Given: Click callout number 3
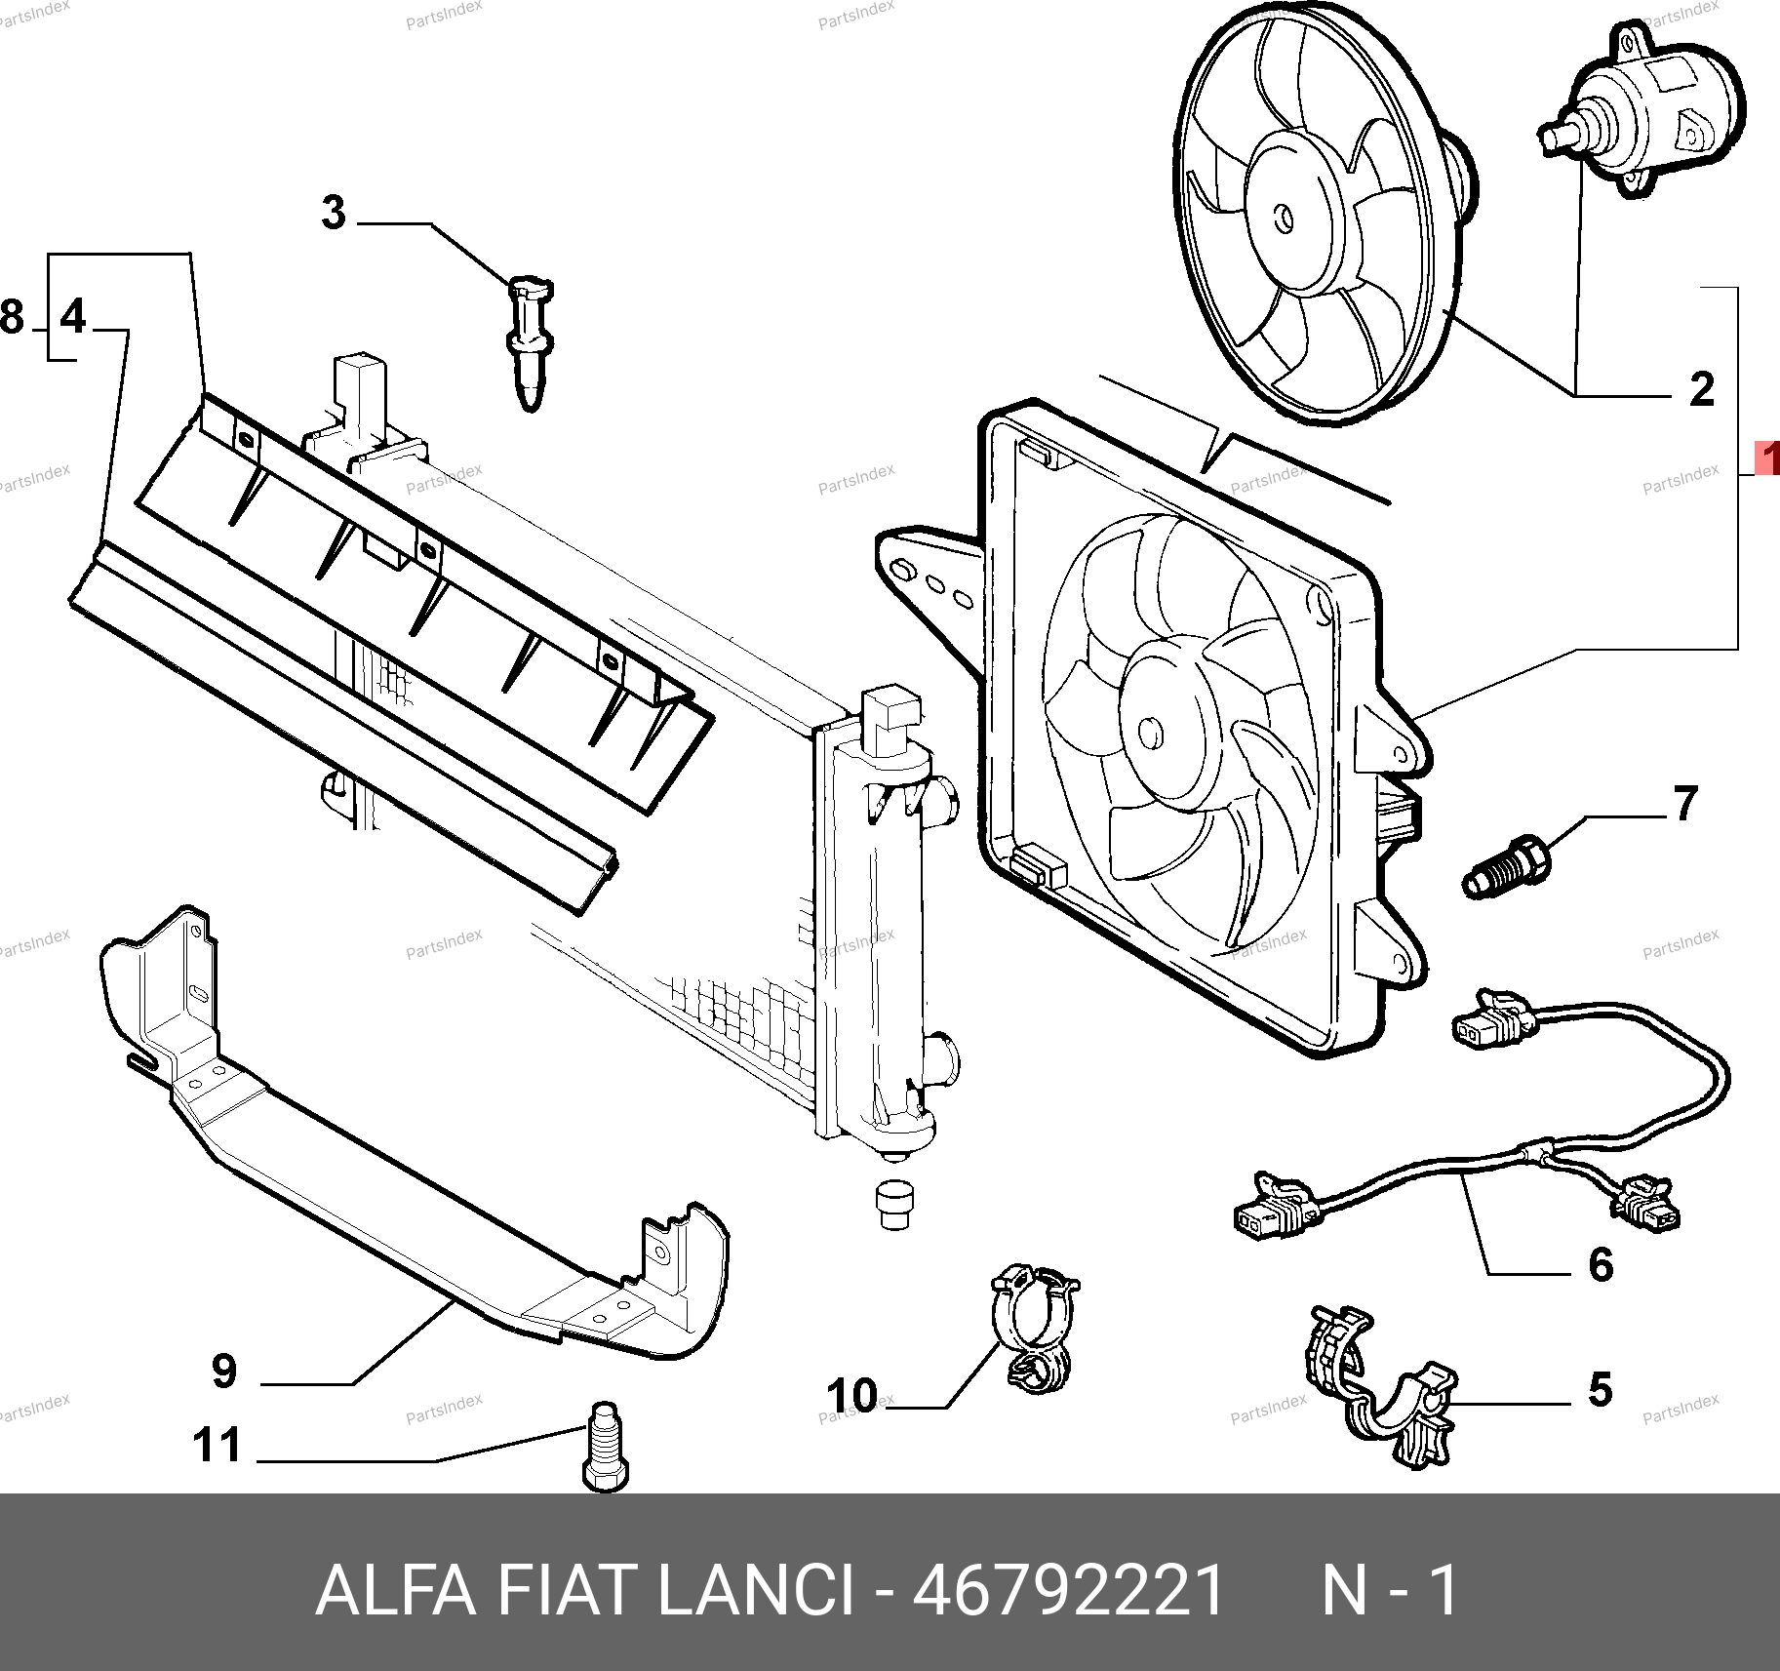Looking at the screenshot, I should (x=334, y=213).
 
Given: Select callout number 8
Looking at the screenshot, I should (x=12, y=317).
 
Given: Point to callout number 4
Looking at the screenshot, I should (x=73, y=317).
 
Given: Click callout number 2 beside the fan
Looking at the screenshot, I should (x=1702, y=390).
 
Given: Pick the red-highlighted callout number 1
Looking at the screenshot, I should (x=1767, y=458).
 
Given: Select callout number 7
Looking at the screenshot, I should (x=1686, y=804).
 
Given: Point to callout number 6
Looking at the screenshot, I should (x=1601, y=1265).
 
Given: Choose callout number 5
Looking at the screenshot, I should (x=1600, y=1389).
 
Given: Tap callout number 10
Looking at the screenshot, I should (x=852, y=1396).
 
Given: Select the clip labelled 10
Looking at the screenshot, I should (x=1034, y=1327).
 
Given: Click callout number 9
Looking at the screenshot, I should (x=224, y=1372).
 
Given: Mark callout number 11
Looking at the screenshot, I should (x=217, y=1445).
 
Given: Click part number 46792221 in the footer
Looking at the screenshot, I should (x=1068, y=1590).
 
